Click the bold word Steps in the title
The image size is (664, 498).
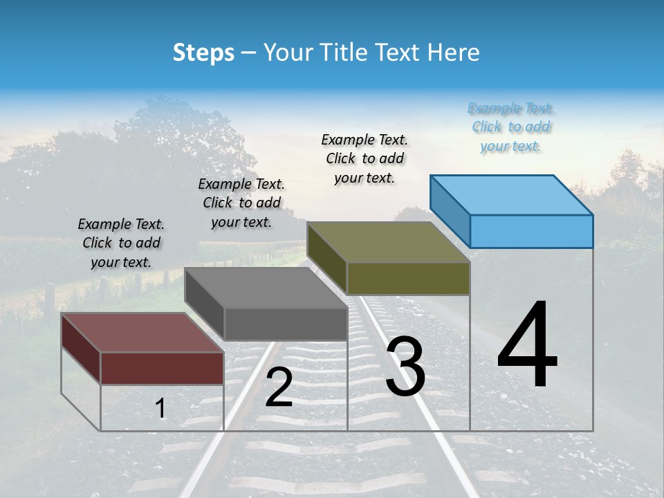point(203,53)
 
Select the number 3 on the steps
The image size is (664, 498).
point(405,367)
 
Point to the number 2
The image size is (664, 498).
point(279,387)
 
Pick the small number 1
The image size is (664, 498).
point(160,409)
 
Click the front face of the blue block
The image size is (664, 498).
point(531,231)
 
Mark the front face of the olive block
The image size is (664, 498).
point(408,278)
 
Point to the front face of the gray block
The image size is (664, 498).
point(286,324)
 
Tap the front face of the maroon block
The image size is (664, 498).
point(162,368)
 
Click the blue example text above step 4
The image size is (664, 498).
point(511,127)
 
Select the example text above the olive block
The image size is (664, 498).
point(365,158)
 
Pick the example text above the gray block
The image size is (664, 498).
point(241,203)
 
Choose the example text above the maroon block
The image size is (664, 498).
point(121,243)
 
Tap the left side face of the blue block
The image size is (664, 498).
point(450,211)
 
